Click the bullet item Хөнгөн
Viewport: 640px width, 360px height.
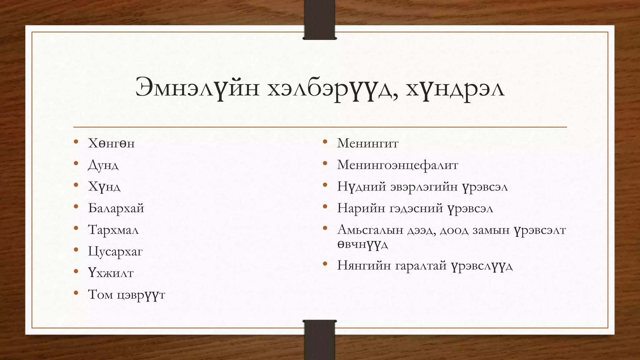point(111,143)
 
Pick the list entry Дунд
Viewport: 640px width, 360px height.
point(103,165)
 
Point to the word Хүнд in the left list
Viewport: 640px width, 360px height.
point(104,187)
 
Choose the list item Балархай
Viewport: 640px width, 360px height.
point(116,208)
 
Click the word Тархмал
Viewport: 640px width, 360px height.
point(113,230)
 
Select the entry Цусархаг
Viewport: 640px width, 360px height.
point(115,252)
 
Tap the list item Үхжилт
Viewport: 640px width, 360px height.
point(111,273)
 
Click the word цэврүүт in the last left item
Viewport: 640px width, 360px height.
point(141,295)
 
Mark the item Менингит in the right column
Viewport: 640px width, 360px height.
point(367,143)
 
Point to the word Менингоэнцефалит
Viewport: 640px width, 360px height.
point(397,165)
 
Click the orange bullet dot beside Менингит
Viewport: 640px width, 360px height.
point(325,142)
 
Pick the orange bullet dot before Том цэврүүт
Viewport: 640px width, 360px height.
point(76,293)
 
